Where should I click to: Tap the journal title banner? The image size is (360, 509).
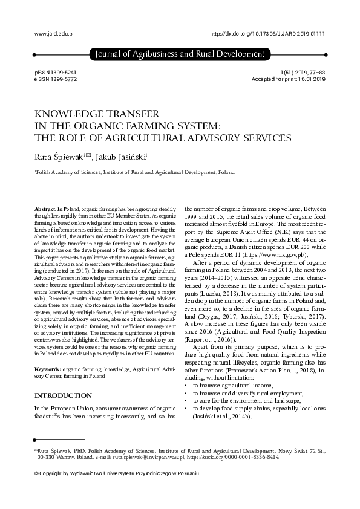180,54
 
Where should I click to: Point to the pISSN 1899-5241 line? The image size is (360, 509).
56,72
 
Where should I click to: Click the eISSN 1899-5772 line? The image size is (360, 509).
56,79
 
